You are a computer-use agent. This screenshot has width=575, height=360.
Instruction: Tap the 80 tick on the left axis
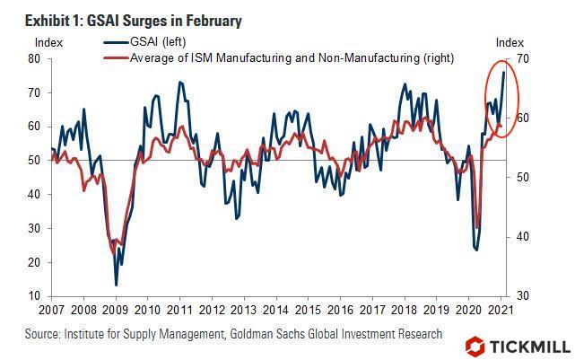[x=35, y=58]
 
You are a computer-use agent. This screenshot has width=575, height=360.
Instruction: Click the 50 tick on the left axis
[x=35, y=161]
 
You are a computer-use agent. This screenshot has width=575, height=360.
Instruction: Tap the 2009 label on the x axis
[x=117, y=312]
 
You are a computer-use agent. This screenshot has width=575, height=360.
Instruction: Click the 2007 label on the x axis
[x=51, y=312]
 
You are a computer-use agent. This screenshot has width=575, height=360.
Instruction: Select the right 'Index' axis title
[x=510, y=42]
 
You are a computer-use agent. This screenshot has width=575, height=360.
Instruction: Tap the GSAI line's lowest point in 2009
[x=117, y=285]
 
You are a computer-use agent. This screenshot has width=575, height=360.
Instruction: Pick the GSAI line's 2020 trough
[x=475, y=250]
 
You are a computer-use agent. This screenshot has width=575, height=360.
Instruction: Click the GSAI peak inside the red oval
[x=503, y=72]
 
